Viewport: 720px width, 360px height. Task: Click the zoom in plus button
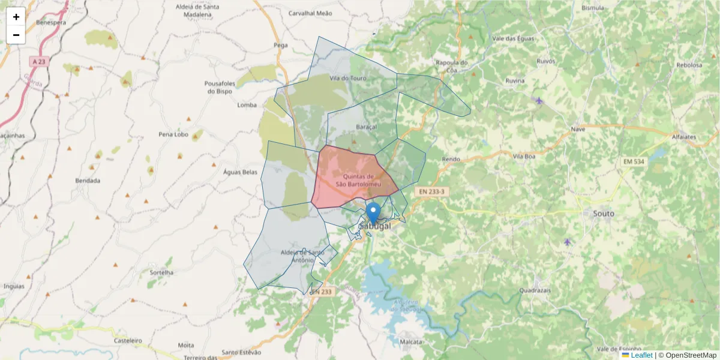pos(16,17)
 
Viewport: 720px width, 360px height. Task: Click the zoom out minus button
pos(16,35)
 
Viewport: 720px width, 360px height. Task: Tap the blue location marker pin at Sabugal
pos(373,212)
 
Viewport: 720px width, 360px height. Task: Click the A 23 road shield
pos(39,61)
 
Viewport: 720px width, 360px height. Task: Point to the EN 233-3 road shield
pos(431,191)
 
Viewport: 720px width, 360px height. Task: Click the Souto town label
pos(603,213)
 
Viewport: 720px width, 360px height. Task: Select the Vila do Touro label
pos(347,78)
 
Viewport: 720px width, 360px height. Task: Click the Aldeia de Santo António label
pos(298,256)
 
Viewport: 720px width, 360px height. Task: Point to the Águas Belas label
pos(240,172)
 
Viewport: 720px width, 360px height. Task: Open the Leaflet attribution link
pos(641,355)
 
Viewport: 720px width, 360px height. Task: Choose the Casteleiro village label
pos(128,340)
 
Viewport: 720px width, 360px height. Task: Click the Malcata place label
pos(410,341)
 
